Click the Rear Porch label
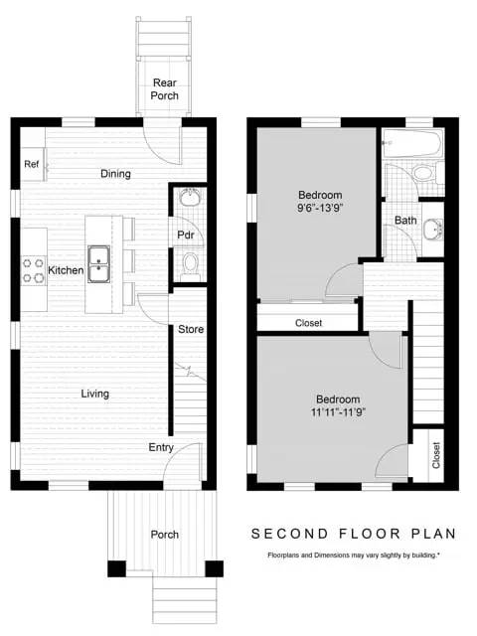(x=165, y=89)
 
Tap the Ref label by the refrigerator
(x=32, y=164)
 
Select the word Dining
(x=115, y=174)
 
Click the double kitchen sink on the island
(x=98, y=264)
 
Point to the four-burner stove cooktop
(x=33, y=270)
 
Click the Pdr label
(x=186, y=236)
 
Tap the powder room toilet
(x=190, y=266)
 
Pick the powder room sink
(x=190, y=198)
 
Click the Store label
(x=191, y=329)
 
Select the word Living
(x=95, y=394)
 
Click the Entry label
(x=161, y=448)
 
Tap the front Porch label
(x=165, y=535)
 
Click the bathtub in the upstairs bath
(x=411, y=145)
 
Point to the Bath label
(x=405, y=221)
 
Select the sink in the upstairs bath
(x=433, y=230)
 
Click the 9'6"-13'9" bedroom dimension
(x=320, y=209)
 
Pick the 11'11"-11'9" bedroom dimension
(x=339, y=413)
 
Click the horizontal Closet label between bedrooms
(x=309, y=323)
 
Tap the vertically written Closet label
(x=436, y=455)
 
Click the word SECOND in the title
(x=289, y=534)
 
